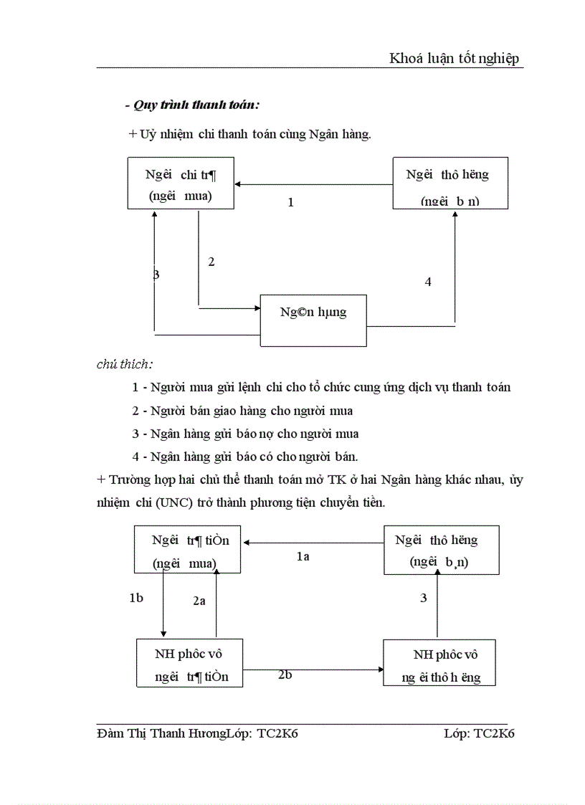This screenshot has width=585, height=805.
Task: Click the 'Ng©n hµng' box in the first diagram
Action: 313,313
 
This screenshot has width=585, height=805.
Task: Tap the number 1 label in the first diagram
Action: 290,203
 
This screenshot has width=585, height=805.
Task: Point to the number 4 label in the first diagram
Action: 428,282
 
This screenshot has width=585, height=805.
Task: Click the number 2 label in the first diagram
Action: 211,262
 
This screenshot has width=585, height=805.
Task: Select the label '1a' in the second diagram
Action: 303,556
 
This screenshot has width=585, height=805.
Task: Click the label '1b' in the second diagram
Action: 136,599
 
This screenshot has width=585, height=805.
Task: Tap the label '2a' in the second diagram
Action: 199,601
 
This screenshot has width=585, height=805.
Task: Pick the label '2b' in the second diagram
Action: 285,675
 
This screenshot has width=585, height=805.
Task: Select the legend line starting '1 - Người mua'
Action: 321,388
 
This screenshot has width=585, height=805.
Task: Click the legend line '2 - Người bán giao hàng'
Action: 242,411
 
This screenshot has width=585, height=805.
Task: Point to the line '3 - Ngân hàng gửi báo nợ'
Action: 245,434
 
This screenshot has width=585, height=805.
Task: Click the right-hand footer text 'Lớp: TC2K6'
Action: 480,733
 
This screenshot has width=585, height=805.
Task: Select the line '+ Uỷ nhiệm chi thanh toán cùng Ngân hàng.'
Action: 249,134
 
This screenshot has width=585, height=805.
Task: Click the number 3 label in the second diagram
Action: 424,598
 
